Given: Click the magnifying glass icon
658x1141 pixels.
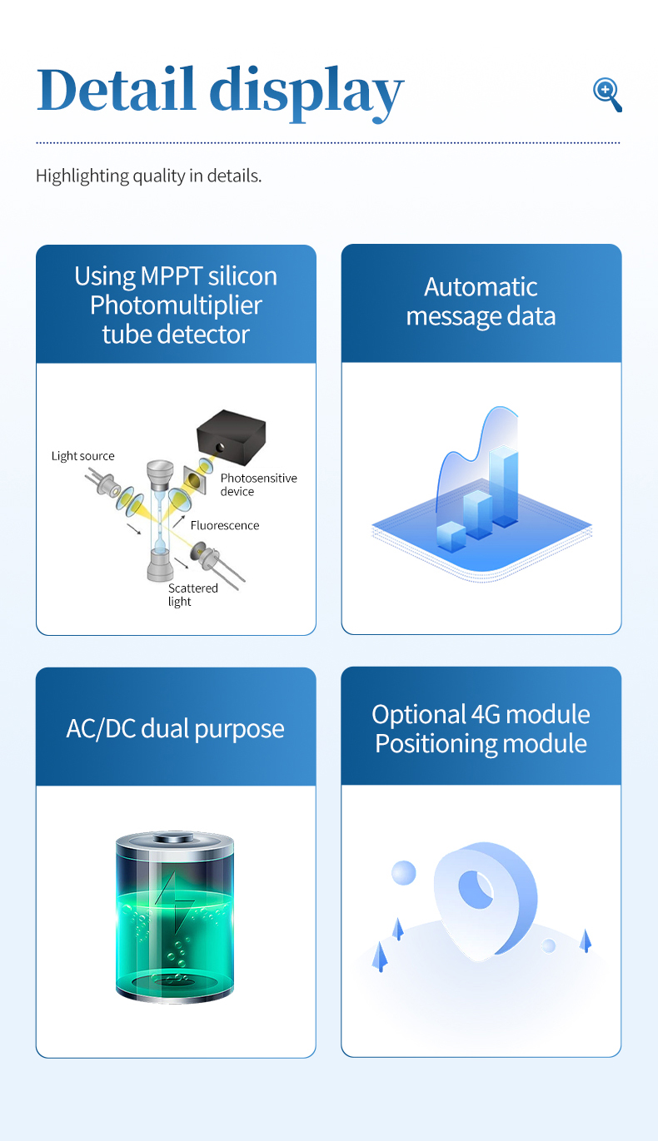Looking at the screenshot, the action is [607, 94].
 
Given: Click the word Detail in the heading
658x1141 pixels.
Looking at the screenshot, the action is [117, 89].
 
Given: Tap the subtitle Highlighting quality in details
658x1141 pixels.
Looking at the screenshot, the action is [148, 176].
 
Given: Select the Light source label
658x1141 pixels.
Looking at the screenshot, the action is [82, 456].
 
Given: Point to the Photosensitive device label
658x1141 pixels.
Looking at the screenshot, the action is [258, 484].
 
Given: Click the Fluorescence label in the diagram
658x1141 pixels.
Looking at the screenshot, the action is [225, 525].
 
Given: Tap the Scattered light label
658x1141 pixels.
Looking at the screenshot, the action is [192, 594].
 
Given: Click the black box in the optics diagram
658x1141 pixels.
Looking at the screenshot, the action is [232, 437].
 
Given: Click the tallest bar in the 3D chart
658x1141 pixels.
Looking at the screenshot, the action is [504, 487].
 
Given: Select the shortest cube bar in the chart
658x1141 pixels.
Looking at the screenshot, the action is [451, 537].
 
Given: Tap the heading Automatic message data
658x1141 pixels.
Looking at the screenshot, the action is [481, 301].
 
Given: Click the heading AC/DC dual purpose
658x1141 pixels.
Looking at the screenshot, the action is [176, 729].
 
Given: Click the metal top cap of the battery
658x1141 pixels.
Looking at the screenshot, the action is [175, 838].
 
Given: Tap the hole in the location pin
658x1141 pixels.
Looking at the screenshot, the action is [476, 890].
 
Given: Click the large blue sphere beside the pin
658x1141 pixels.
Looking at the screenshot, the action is [404, 872].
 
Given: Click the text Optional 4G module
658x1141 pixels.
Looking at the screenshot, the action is [481, 714].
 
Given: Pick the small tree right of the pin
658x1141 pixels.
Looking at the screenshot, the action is [586, 940].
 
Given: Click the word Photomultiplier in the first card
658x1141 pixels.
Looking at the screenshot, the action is [176, 305].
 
